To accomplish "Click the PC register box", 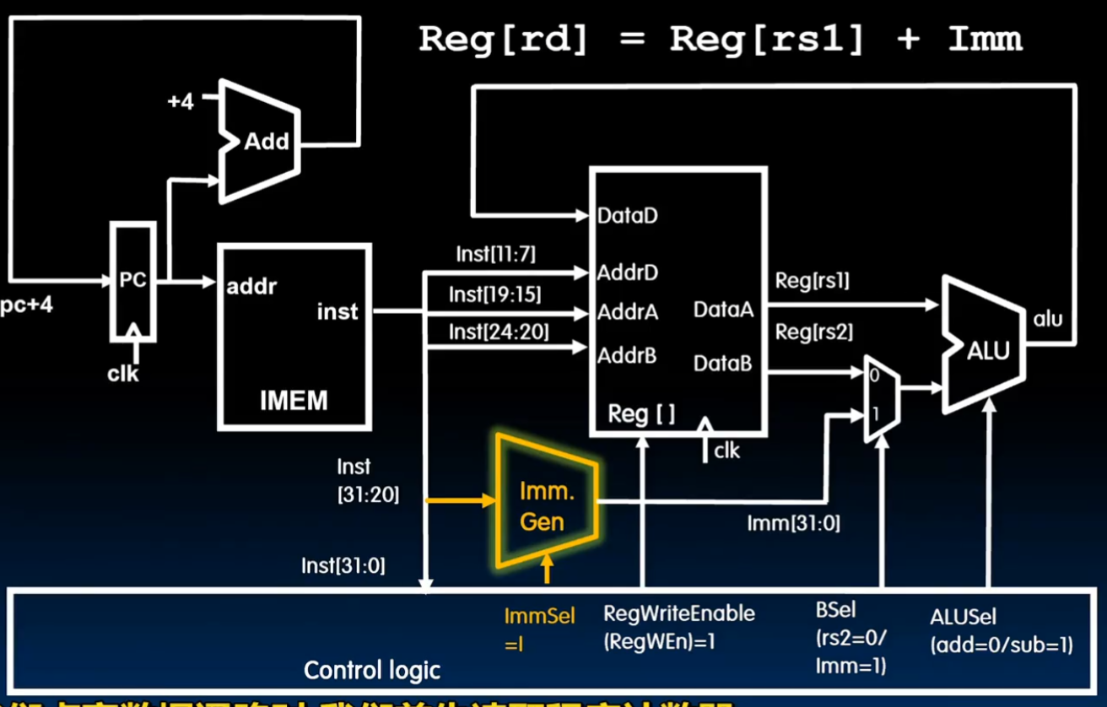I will (133, 282).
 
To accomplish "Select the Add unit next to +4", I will (259, 141).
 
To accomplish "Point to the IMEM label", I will (294, 399).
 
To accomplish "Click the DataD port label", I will (627, 216).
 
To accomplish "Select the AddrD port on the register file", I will (627, 273).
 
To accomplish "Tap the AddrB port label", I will (626, 356).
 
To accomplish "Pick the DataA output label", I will (723, 310).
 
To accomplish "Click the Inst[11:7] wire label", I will (495, 254).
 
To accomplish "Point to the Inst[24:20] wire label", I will (499, 332).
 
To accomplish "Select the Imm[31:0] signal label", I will (793, 524).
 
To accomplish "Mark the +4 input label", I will (180, 102).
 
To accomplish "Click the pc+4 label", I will (26, 305).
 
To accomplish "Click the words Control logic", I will (372, 671).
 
